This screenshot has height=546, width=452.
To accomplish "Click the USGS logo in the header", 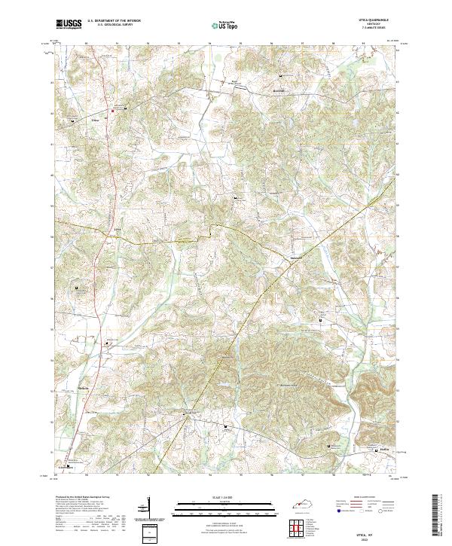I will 69,24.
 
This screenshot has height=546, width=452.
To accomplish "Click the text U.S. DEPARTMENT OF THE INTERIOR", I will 114,20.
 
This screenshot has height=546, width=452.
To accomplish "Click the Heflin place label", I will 385,453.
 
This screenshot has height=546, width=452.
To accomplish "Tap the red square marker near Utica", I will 113,111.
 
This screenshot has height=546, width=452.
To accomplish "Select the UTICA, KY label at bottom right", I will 374,532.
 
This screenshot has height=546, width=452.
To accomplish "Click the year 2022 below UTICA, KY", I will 374,537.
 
